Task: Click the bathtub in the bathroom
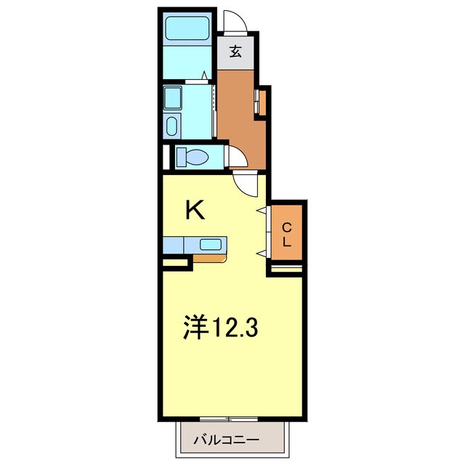click(x=187, y=28)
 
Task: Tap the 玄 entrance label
click(x=236, y=52)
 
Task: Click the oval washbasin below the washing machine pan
click(x=172, y=127)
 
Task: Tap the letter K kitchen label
click(x=195, y=210)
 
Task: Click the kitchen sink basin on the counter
click(x=211, y=244)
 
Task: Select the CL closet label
click(x=287, y=234)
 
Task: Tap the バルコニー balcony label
click(x=226, y=440)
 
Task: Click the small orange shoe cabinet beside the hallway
click(x=262, y=102)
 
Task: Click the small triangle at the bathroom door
click(x=206, y=75)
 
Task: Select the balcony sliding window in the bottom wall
click(x=229, y=418)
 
